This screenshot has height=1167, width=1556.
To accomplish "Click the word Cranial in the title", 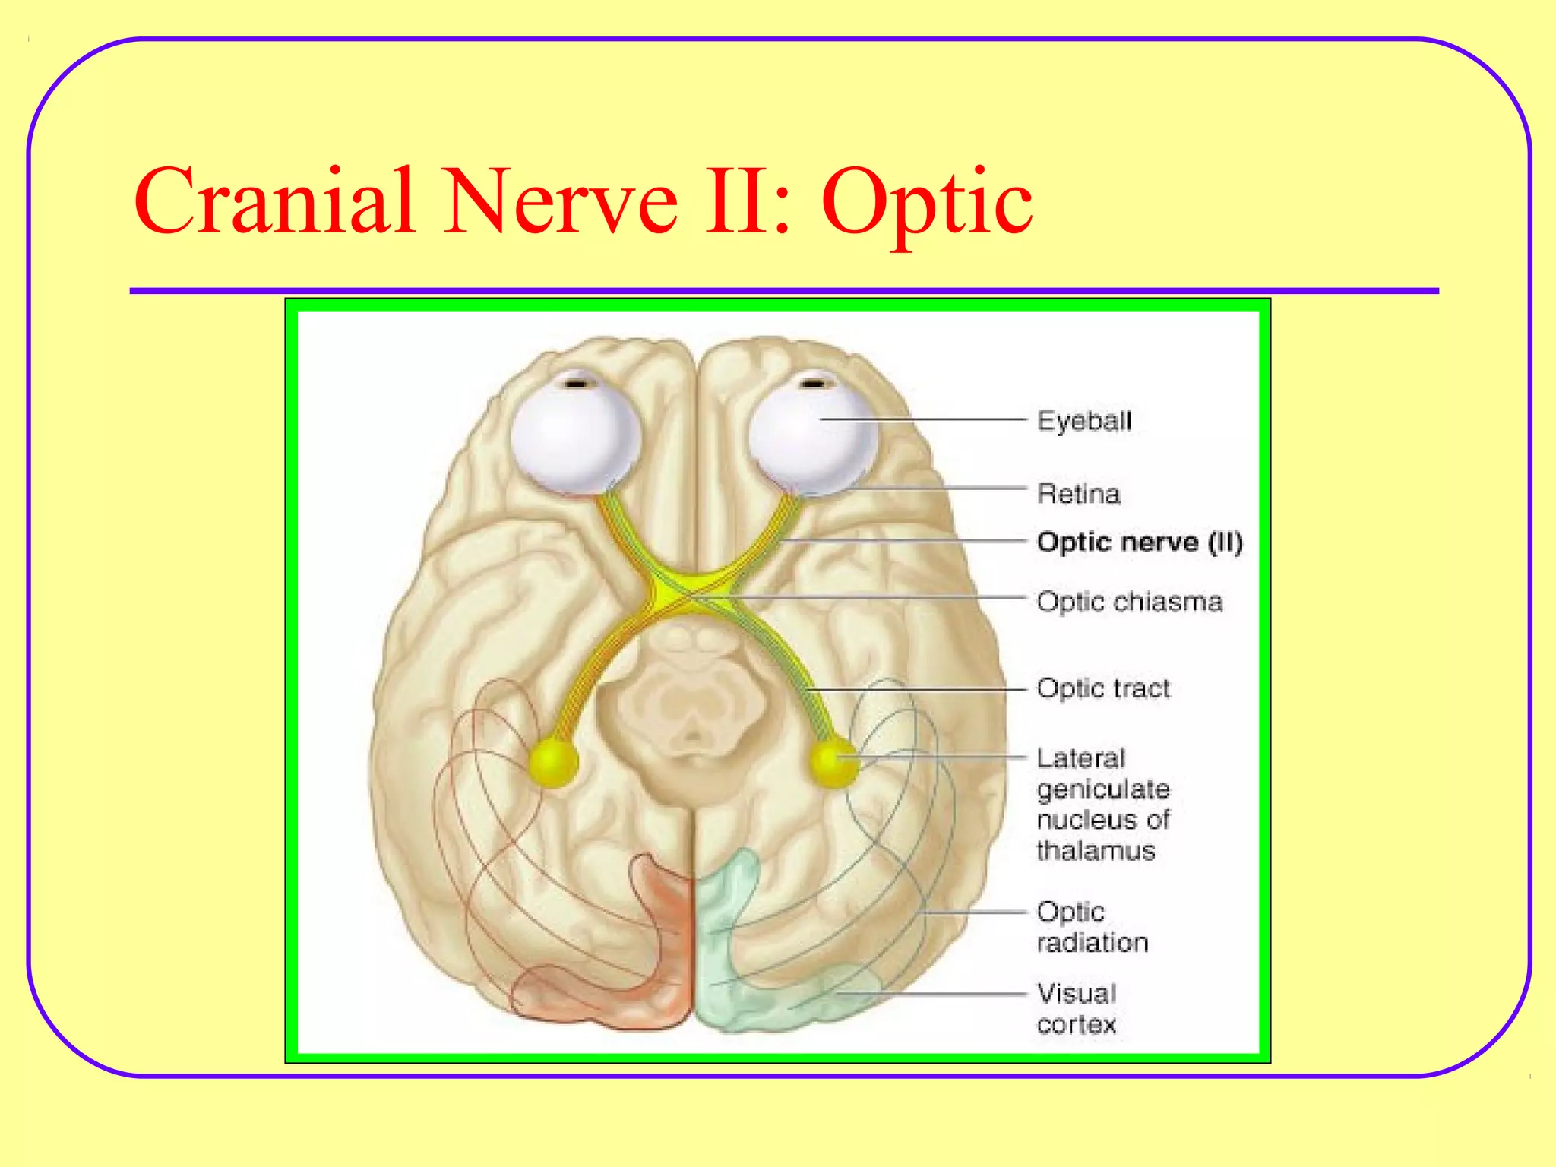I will tap(274, 201).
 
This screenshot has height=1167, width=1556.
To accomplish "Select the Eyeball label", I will tap(1084, 420).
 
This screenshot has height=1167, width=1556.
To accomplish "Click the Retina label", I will tap(1079, 494).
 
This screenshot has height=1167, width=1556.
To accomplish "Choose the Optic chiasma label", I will tap(1130, 601).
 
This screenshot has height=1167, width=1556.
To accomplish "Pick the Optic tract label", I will tap(1103, 688).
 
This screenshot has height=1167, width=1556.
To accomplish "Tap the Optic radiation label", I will tap(1093, 927).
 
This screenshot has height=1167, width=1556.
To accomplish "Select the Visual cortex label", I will tap(1077, 1008).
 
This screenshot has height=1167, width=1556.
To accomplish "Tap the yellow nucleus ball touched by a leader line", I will tap(833, 762).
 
